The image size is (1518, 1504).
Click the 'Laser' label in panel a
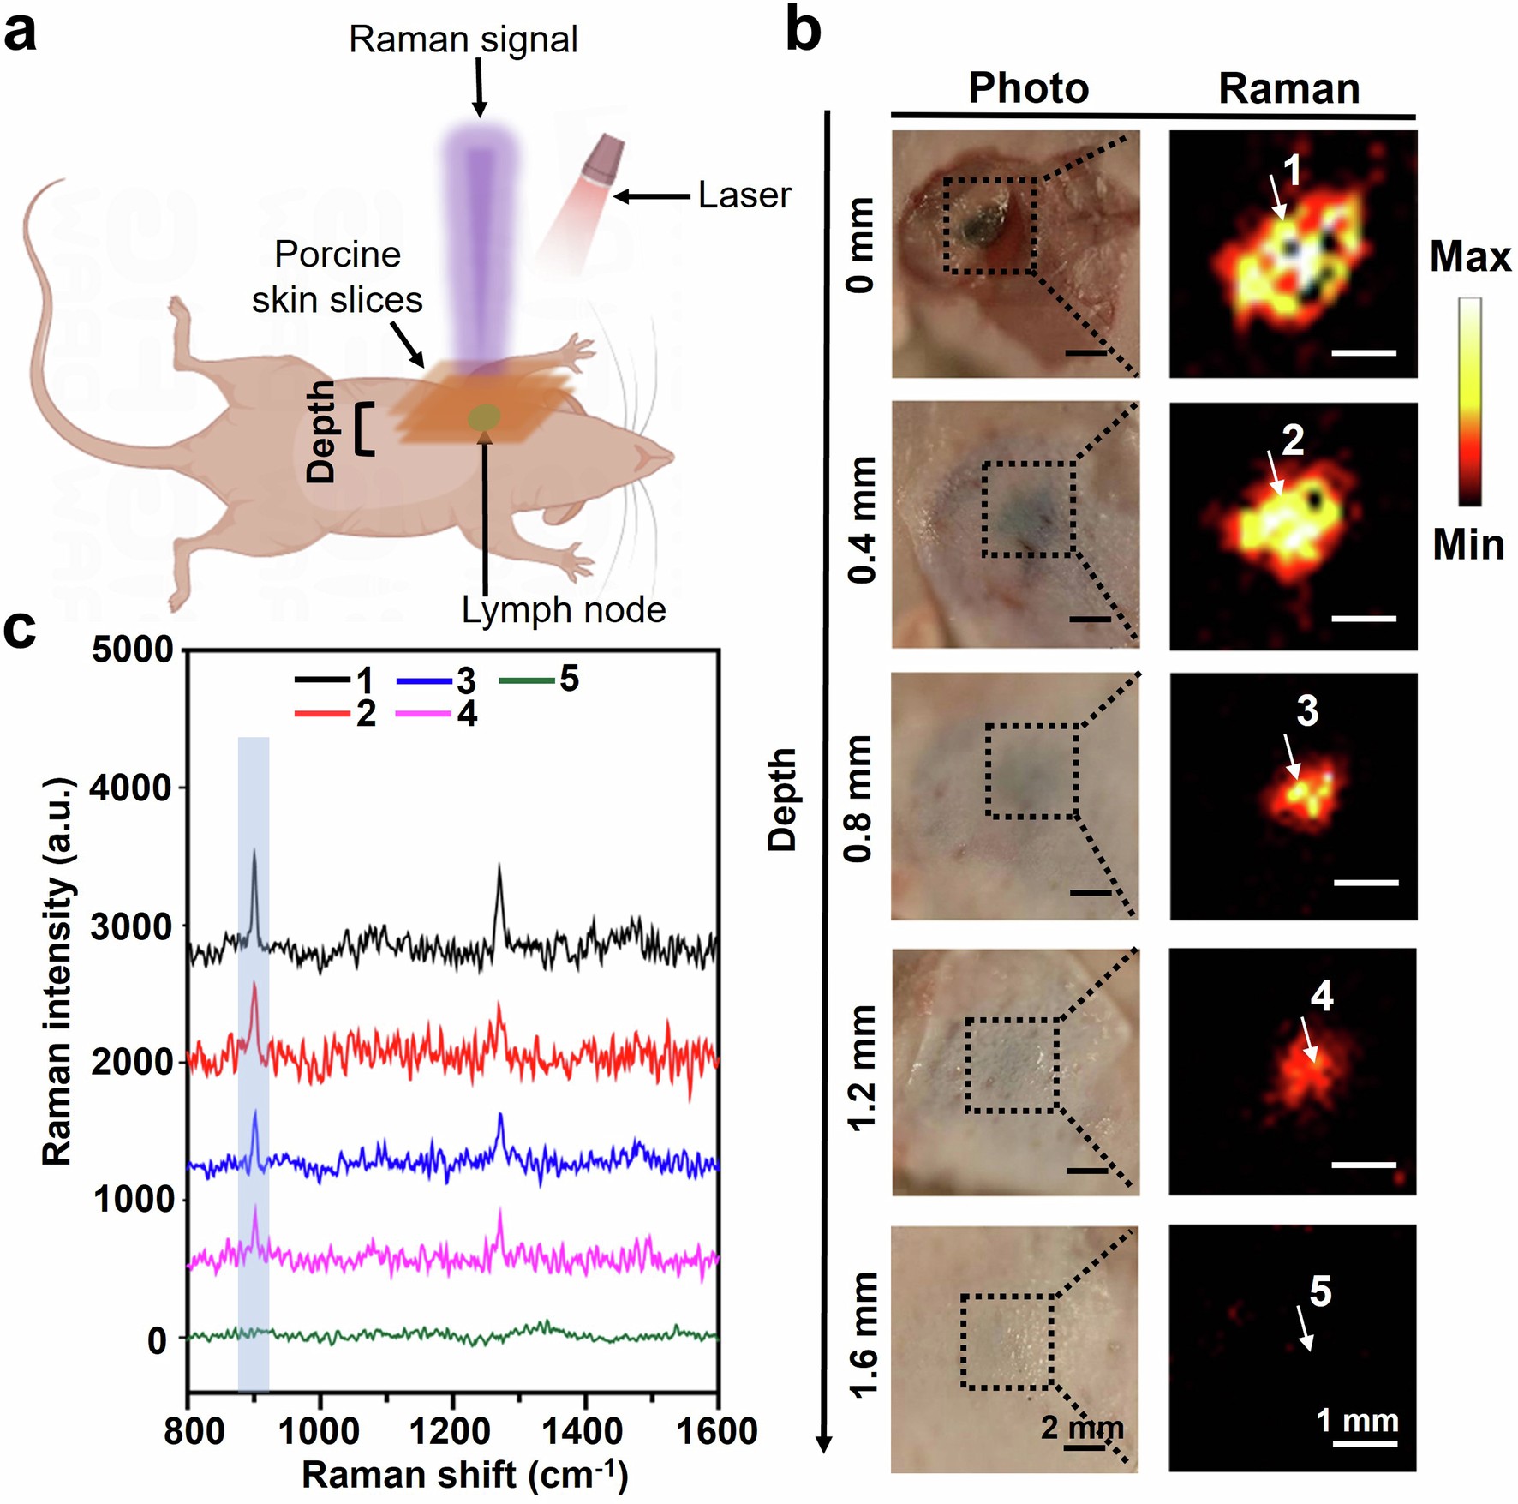[744, 195]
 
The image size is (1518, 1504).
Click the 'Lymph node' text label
[563, 610]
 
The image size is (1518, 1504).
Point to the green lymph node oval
[484, 417]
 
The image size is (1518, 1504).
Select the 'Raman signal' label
[463, 39]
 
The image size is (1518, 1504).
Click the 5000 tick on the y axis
[133, 650]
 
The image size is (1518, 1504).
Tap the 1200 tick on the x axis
[452, 1432]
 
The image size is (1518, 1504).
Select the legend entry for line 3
[437, 681]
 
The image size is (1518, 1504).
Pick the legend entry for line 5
[539, 680]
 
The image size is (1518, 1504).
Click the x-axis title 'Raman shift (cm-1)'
[464, 1475]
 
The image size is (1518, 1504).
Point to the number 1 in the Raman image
[1293, 171]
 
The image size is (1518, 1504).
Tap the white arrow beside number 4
[1308, 1040]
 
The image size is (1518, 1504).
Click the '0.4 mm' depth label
[862, 520]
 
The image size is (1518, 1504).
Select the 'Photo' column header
[1028, 88]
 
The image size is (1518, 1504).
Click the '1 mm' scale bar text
[1357, 1421]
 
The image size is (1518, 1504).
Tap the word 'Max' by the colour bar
[1470, 256]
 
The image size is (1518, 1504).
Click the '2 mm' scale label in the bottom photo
[1081, 1428]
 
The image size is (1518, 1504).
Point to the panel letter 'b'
[804, 33]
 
